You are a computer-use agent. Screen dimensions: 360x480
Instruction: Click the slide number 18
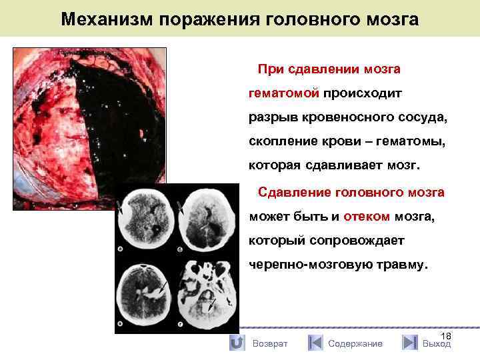(446, 337)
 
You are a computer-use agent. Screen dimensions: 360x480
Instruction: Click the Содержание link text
(355, 343)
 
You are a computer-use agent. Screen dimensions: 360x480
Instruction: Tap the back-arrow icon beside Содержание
(315, 343)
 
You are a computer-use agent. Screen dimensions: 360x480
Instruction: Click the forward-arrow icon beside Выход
(410, 343)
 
